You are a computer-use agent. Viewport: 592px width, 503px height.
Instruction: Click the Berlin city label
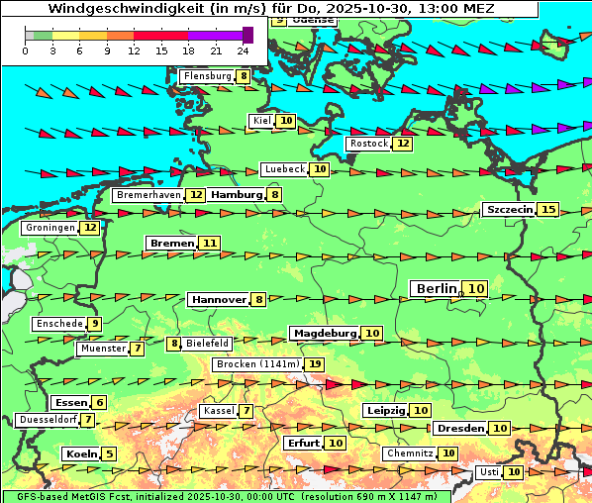(x=436, y=288)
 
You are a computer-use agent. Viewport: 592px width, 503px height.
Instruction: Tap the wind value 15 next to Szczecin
(x=548, y=210)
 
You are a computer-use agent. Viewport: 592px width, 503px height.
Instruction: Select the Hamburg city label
(x=236, y=195)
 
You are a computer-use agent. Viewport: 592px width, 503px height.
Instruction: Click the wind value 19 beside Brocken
(x=315, y=364)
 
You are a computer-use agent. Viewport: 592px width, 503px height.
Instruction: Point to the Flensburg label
(x=207, y=76)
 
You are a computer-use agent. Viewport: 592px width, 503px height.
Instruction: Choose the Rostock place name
(x=368, y=144)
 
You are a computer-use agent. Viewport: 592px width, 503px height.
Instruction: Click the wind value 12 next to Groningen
(x=90, y=228)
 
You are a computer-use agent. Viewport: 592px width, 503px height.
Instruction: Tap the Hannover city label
(x=218, y=299)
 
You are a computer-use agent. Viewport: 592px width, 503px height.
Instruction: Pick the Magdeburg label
(x=324, y=333)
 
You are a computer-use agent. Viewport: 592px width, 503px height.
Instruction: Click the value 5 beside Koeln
(x=109, y=453)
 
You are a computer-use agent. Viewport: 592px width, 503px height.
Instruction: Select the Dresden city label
(x=460, y=429)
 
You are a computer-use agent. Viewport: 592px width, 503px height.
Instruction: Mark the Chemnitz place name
(x=410, y=453)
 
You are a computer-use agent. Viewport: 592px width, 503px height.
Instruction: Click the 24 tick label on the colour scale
(x=244, y=50)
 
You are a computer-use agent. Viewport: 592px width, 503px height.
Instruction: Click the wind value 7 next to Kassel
(x=246, y=411)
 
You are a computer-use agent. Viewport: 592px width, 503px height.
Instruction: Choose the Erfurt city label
(x=303, y=443)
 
